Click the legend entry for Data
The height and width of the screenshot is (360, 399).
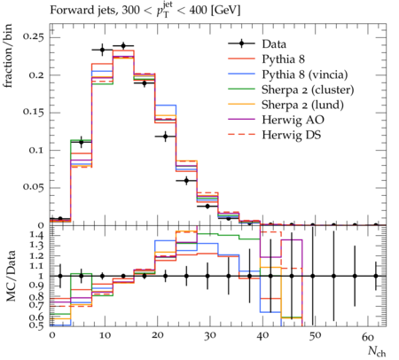click(274, 44)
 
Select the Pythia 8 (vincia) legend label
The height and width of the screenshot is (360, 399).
click(305, 74)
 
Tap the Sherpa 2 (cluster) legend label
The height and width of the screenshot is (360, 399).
click(308, 90)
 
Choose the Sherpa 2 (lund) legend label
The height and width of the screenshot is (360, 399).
click(302, 105)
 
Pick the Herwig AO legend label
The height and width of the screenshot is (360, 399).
click(293, 120)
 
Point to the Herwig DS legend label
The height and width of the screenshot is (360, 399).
click(292, 135)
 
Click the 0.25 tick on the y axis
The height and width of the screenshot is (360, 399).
click(33, 37)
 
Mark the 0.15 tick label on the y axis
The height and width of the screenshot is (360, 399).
click(33, 113)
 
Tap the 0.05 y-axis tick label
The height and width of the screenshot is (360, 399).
click(33, 188)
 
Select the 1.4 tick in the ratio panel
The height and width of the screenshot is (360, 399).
click(37, 236)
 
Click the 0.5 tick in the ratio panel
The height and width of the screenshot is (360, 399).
click(37, 325)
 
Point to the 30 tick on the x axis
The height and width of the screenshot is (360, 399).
click(209, 336)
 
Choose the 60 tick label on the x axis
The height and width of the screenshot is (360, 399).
click(367, 336)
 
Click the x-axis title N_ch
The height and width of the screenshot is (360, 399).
click(377, 351)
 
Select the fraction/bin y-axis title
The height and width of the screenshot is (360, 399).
click(8, 56)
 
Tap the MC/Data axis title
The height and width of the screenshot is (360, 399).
click(11, 276)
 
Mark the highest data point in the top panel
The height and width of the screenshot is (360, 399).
click(123, 46)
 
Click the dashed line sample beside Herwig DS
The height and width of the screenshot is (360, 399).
click(241, 135)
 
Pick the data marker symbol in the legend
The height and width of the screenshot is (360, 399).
click(241, 43)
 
